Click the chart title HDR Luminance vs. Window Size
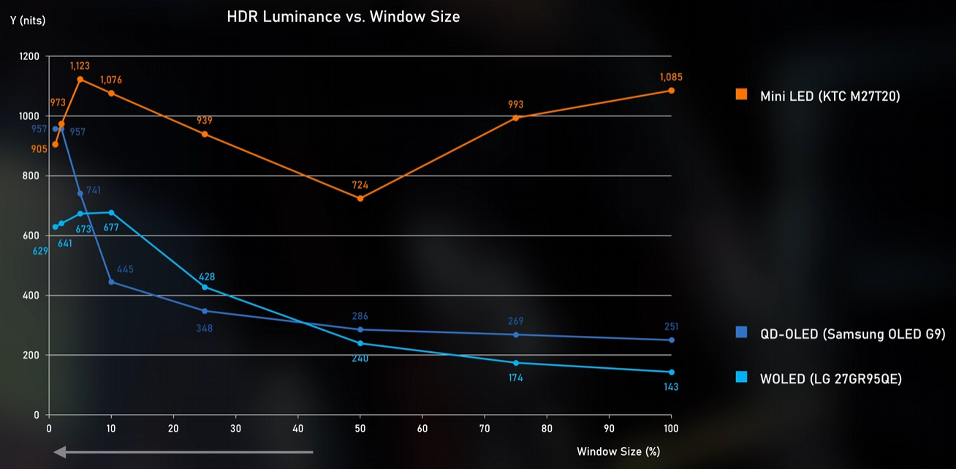[x=344, y=16]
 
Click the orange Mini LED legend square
[x=742, y=94]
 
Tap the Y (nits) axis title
[x=29, y=20]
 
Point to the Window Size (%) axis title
[x=618, y=451]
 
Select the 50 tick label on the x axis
[x=360, y=428]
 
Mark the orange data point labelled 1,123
[x=80, y=79]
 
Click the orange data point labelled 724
[x=360, y=198]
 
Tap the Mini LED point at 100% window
[x=671, y=91]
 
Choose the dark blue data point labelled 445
[x=111, y=282]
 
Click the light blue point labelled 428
[x=205, y=287]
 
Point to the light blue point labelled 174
[x=515, y=363]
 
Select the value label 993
[x=515, y=105]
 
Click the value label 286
[x=360, y=316]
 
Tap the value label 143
[x=670, y=386]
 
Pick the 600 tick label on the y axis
[x=33, y=236]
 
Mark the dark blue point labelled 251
[x=671, y=340]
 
